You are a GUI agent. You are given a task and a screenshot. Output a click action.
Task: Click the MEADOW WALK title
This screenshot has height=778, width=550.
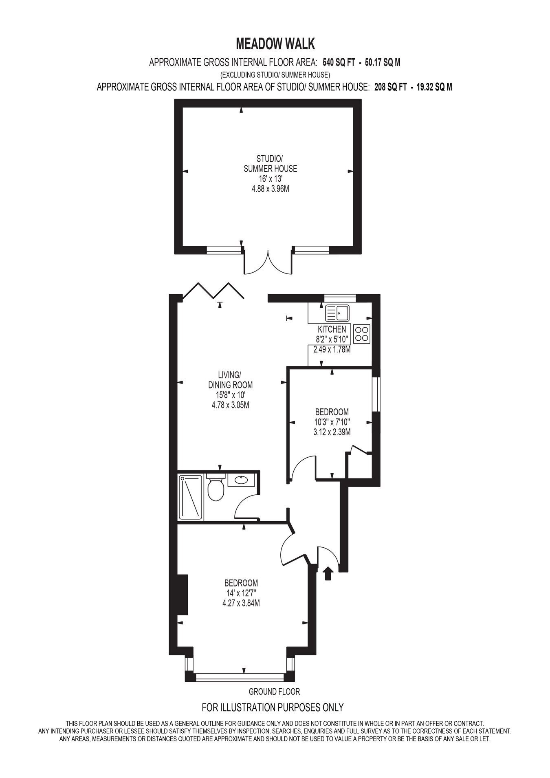coord(275,44)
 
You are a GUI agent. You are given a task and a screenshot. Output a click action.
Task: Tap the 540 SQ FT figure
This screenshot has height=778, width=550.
coord(339,62)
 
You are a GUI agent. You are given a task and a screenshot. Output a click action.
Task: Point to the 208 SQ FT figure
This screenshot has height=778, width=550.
coord(391,87)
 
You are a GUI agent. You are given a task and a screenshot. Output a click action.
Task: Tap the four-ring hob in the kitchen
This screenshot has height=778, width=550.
coord(362,334)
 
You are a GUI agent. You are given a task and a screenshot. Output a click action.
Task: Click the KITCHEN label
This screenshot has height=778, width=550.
coord(332,329)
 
